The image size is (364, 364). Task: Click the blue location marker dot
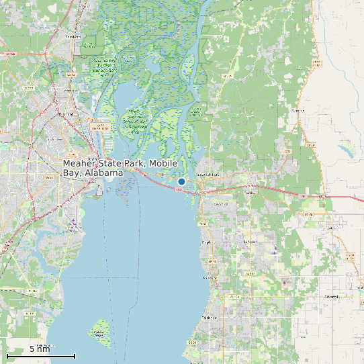(x=181, y=181)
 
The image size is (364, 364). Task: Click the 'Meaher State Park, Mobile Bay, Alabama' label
(x=120, y=168)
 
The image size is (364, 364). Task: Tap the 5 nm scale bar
(x=40, y=355)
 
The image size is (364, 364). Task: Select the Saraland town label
(x=73, y=36)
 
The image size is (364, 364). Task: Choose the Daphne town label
(x=206, y=242)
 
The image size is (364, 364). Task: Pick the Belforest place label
(x=250, y=242)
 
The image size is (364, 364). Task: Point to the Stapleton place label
(x=298, y=109)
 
